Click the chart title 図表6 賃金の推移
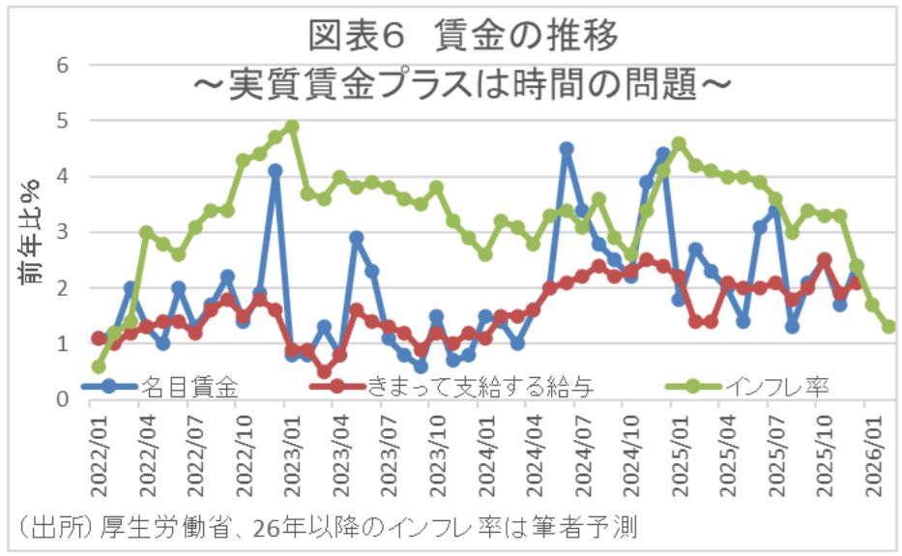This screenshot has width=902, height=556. coord(462,37)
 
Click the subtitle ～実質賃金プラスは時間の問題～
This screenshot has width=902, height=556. coord(462,85)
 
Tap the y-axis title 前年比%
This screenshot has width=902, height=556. coord(31,232)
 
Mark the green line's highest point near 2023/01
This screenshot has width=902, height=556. coord(292,127)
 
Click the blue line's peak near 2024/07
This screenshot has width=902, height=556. coord(567,149)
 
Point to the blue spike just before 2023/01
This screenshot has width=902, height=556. coord(276,170)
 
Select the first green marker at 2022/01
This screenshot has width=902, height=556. coord(99,366)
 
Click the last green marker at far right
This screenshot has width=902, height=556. coord(888,327)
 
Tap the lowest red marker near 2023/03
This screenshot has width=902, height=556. coord(324,371)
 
